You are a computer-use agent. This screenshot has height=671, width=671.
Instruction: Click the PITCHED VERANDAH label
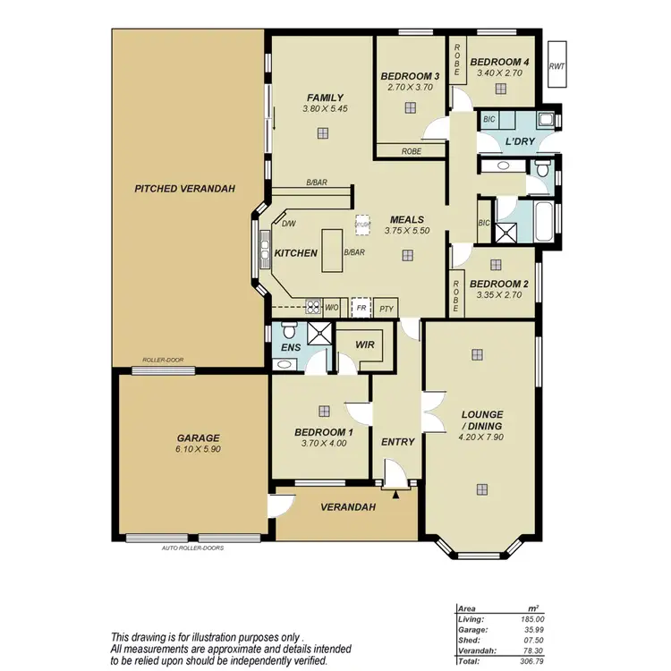[x=184, y=189]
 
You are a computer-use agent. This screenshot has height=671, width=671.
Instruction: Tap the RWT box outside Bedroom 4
[x=557, y=65]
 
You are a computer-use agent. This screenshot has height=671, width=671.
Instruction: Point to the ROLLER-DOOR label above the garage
[x=163, y=360]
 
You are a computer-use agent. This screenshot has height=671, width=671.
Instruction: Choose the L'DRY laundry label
[x=521, y=143]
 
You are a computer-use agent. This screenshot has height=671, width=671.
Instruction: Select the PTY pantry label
[x=386, y=309]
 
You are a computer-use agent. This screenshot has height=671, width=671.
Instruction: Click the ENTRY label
[x=397, y=442]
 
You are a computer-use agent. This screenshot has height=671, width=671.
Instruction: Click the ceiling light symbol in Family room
[x=320, y=133]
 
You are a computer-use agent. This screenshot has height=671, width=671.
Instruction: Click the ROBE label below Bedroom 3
[x=412, y=151]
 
